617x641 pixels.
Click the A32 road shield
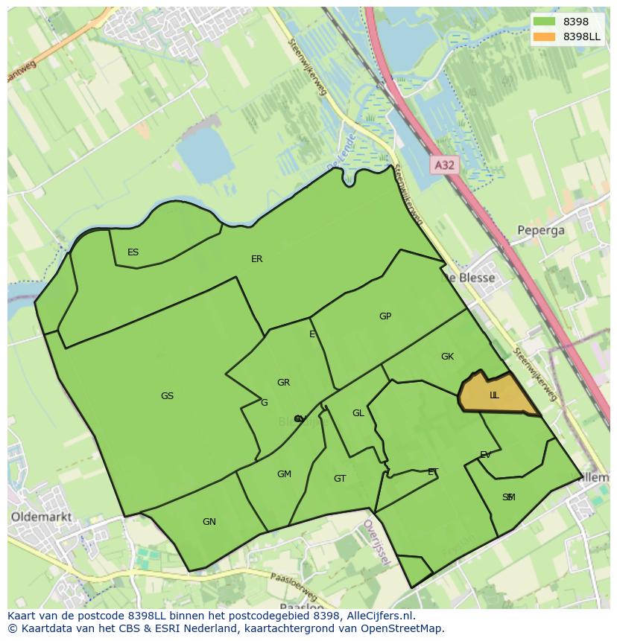tap(444, 165)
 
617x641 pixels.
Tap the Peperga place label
tap(541, 230)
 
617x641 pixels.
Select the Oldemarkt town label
tap(41, 516)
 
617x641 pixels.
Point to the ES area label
tap(133, 252)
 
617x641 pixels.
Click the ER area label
tap(256, 259)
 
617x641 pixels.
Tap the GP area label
tap(385, 316)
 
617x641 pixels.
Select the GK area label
tap(447, 357)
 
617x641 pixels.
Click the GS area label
tap(167, 396)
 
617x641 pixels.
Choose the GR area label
tap(283, 383)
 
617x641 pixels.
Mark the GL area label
tap(358, 413)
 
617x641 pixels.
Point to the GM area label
tap(284, 474)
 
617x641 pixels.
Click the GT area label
tap(340, 479)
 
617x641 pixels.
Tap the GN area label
tap(209, 522)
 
